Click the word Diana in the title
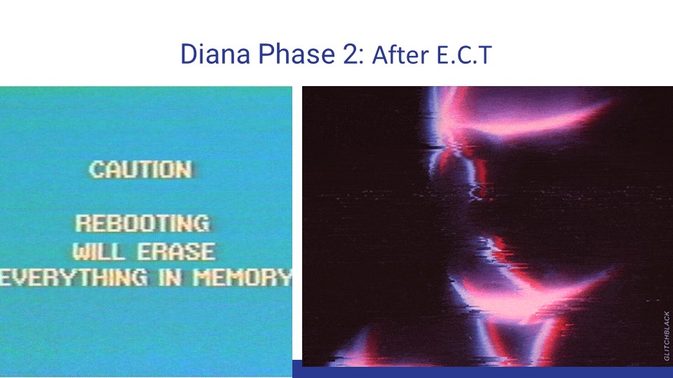point(215,54)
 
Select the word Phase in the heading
point(297,54)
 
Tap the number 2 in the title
point(350,55)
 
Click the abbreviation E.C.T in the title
point(464,55)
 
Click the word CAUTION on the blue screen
point(140,169)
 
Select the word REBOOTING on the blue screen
point(143,223)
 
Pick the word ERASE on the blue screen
point(177,251)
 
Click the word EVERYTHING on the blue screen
point(73,278)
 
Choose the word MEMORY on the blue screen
point(243,278)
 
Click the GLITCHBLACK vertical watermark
point(667,335)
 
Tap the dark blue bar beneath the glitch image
point(482,372)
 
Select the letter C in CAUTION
point(96,169)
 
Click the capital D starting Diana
point(189,55)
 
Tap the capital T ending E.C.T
point(485,55)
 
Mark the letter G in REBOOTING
point(202,223)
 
